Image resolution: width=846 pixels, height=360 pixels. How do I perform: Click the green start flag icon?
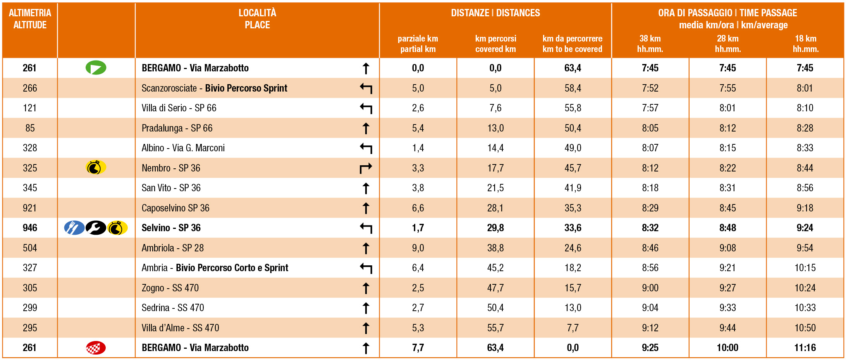(x=96, y=68)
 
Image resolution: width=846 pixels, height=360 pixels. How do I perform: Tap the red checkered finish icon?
(x=96, y=348)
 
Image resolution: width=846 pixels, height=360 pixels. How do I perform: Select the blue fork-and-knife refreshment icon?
(x=74, y=228)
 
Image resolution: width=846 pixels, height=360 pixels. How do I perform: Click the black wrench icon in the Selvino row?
(x=96, y=228)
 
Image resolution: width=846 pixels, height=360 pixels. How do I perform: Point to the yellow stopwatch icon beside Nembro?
(x=95, y=168)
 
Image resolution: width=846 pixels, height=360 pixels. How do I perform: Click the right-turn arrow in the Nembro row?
(x=366, y=168)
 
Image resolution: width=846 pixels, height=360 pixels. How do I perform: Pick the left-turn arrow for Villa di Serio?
(x=366, y=108)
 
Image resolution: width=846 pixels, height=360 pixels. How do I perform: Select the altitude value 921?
(x=30, y=208)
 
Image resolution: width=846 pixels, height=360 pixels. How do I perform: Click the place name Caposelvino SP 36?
(x=175, y=208)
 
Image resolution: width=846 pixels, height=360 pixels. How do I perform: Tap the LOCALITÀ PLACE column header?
(x=257, y=19)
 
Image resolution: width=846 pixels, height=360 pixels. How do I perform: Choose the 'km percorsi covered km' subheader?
(x=495, y=44)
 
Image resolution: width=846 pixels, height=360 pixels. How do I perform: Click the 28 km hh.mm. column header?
(x=727, y=44)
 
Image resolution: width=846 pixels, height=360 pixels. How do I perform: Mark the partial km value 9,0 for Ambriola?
(x=418, y=248)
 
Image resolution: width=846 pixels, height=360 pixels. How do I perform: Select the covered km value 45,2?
(x=495, y=268)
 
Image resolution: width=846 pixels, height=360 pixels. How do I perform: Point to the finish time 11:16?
(x=805, y=348)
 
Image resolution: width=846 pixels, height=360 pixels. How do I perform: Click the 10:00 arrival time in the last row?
(x=727, y=348)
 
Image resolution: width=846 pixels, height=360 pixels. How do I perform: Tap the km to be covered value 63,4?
(x=573, y=68)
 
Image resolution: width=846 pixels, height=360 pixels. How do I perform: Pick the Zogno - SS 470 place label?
(x=170, y=288)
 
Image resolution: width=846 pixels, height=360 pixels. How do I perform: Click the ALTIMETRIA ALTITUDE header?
(x=30, y=19)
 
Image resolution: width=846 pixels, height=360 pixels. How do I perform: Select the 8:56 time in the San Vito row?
(x=805, y=188)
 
